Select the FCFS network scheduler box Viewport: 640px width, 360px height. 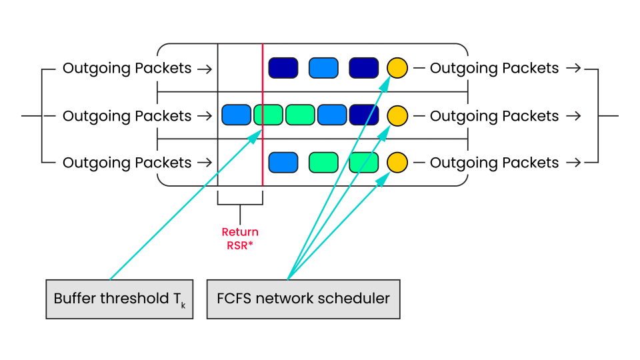[303, 299]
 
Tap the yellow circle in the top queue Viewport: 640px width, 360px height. [397, 68]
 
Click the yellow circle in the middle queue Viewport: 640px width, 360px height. [397, 115]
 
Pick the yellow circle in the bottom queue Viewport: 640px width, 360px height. [397, 162]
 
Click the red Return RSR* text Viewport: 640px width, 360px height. [240, 237]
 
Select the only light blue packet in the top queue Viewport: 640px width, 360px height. [323, 68]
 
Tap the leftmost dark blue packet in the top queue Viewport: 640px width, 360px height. [283, 68]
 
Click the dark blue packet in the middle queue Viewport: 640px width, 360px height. [364, 115]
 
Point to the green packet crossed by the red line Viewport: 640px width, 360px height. [268, 115]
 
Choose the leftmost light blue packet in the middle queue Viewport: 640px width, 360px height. [236, 115]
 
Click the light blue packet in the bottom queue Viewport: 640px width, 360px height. [283, 162]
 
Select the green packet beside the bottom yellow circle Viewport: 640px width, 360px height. [364, 162]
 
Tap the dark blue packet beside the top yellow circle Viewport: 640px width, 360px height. [364, 68]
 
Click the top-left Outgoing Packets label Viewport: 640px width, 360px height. [127, 68]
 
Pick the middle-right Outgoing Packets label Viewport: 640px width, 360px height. [494, 116]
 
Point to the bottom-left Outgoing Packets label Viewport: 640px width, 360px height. [127, 163]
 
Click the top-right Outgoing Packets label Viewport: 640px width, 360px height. [494, 68]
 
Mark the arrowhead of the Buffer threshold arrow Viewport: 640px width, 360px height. [259, 134]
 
